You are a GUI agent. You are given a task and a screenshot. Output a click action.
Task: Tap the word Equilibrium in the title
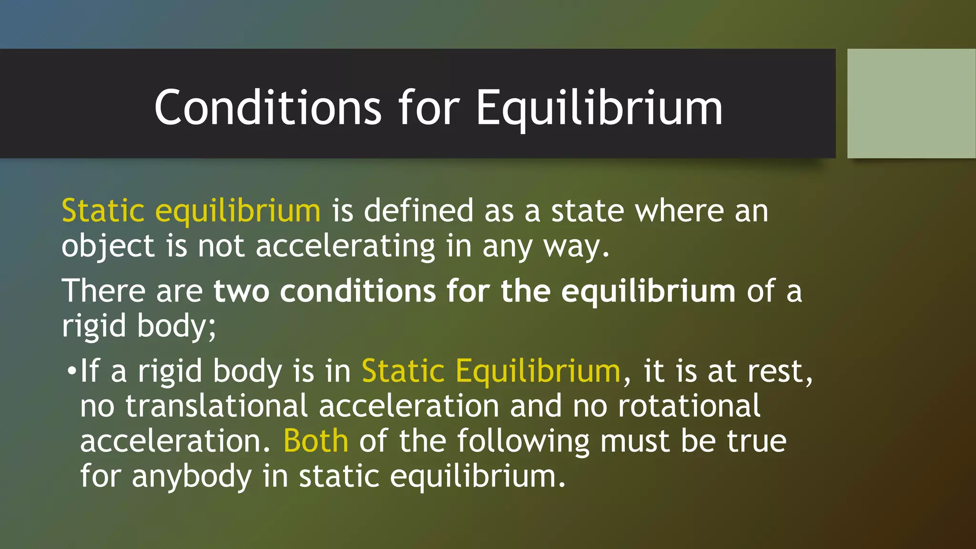(599, 109)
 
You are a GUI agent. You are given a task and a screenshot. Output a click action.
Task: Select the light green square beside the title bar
(911, 103)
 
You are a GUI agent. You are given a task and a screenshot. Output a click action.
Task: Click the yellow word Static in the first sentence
(103, 211)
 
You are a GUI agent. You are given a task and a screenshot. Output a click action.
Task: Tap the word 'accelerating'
(346, 247)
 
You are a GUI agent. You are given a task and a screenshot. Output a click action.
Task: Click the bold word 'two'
(241, 291)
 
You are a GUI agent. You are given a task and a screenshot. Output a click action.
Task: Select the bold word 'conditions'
(357, 291)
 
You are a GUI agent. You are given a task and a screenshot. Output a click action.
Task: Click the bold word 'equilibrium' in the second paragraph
(648, 291)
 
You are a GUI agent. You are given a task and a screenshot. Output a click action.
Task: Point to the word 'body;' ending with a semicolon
(177, 326)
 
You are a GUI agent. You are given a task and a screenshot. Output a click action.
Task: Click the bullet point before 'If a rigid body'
(71, 371)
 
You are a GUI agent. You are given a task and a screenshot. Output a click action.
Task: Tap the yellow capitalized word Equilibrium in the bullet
(538, 371)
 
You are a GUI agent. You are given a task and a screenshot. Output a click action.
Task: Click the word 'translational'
(216, 406)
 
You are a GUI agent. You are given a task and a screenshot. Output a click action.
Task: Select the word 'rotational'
(689, 406)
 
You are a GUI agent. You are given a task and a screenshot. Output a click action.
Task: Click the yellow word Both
(315, 441)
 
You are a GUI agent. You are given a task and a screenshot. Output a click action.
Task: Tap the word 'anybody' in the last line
(192, 477)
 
